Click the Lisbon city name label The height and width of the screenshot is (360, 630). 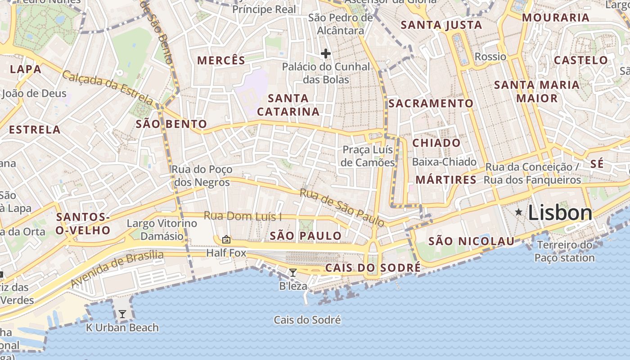560,213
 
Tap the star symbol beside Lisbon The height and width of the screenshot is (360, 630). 519,211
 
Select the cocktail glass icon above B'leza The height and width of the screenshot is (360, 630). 293,272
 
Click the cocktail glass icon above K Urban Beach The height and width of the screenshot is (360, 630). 122,314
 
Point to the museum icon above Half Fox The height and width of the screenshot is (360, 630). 226,239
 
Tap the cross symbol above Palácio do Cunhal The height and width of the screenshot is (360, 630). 326,54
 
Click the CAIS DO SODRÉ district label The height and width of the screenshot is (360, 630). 373,268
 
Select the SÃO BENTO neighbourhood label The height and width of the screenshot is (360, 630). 171,124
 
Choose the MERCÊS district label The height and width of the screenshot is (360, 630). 221,60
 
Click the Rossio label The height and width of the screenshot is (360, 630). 490,57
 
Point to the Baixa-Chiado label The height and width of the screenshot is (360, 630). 444,162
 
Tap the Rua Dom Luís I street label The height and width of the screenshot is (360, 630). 243,216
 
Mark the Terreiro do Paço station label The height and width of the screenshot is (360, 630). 565,252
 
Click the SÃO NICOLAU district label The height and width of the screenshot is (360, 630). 471,241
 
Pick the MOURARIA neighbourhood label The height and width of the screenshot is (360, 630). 556,18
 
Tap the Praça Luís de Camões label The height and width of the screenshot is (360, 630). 368,156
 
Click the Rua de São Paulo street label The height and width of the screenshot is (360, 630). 342,207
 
